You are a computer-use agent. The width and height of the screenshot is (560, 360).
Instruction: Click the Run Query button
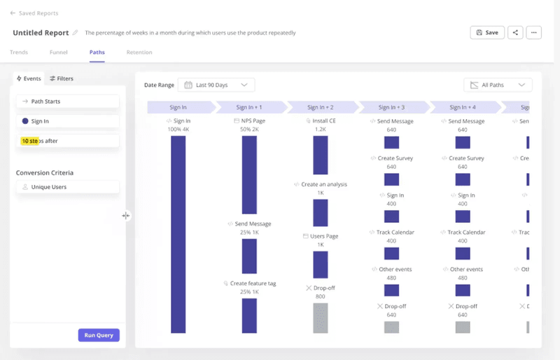[99, 335]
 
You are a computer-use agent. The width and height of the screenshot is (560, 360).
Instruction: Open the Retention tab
[139, 53]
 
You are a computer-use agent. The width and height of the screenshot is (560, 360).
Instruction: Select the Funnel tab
[59, 53]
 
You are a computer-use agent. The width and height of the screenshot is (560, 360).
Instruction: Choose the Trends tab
[19, 53]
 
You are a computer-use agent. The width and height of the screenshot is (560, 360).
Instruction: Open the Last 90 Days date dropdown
[216, 85]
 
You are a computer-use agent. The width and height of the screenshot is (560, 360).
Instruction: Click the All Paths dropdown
[498, 85]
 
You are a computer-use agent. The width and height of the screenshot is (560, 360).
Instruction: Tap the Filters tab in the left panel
[62, 78]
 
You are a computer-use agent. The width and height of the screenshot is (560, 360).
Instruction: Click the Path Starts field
[68, 102]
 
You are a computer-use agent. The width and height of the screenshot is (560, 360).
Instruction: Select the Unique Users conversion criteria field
[68, 187]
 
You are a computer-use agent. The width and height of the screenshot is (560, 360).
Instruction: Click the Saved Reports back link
[34, 13]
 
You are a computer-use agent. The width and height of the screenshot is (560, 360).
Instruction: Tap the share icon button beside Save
[515, 32]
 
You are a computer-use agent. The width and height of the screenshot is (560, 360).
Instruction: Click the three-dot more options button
[533, 32]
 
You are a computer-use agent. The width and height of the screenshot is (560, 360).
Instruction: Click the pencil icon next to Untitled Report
[76, 33]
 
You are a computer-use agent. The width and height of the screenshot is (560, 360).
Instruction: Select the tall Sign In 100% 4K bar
[178, 234]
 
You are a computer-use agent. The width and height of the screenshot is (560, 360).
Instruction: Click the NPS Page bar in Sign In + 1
[249, 174]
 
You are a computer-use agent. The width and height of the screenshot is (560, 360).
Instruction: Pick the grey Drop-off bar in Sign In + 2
[320, 317]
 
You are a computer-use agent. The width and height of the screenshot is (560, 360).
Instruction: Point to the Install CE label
[321, 121]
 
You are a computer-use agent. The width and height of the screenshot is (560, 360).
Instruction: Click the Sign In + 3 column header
[391, 107]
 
